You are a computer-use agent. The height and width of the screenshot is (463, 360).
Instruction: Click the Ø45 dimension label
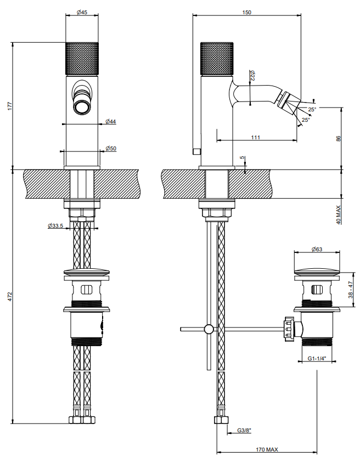pos(82,12)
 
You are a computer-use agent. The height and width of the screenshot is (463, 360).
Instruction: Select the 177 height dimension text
pos(10,106)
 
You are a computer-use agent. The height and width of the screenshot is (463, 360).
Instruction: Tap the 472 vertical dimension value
pos(10,296)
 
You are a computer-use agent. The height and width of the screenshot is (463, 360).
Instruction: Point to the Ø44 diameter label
pos(111,121)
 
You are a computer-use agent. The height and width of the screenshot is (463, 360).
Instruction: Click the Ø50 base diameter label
pos(111,148)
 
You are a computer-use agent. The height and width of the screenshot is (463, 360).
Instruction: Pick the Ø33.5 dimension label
pos(55,226)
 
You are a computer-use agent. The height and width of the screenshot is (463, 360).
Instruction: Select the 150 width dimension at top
pos(246,12)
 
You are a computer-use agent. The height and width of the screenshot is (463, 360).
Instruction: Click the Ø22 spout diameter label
pos(252,76)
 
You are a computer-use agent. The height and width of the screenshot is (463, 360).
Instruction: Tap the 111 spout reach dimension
pos(256,137)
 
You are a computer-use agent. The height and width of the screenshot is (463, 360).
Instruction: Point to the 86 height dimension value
pos(339,138)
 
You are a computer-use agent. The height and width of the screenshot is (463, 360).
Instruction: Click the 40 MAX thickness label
pos(339,214)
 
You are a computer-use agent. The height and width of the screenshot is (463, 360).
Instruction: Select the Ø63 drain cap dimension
pos(317,249)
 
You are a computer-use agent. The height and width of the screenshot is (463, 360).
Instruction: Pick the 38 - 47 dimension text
pos(351,290)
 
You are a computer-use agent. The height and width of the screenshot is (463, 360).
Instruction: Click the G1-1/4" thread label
pos(317,358)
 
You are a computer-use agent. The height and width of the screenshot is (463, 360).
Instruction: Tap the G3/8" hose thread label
pos(244,431)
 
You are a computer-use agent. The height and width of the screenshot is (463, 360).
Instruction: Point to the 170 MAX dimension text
pos(267,449)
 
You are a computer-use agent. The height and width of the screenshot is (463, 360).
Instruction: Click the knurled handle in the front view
pos(82,59)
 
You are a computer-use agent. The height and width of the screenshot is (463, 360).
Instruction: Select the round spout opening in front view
pos(82,107)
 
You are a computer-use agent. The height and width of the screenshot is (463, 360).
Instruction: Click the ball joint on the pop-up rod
pos(209,329)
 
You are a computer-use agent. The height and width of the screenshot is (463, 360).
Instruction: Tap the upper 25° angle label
pos(312,109)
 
